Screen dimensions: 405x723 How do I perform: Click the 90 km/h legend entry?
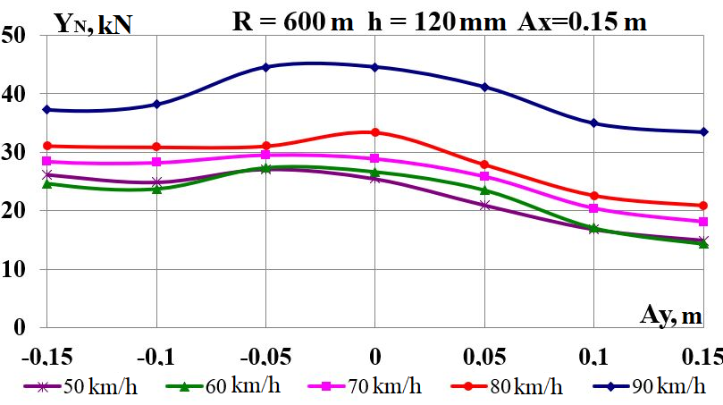click(652, 386)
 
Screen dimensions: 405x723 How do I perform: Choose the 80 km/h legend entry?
click(510, 386)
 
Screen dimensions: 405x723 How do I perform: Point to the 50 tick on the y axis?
click(15, 37)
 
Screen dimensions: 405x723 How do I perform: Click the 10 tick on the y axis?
click(15, 269)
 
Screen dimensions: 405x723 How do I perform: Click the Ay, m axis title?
click(670, 315)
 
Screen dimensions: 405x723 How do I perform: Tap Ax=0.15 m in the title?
click(582, 21)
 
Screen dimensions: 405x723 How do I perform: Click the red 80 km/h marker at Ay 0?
click(375, 132)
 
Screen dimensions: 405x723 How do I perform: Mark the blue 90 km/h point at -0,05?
click(265, 67)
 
